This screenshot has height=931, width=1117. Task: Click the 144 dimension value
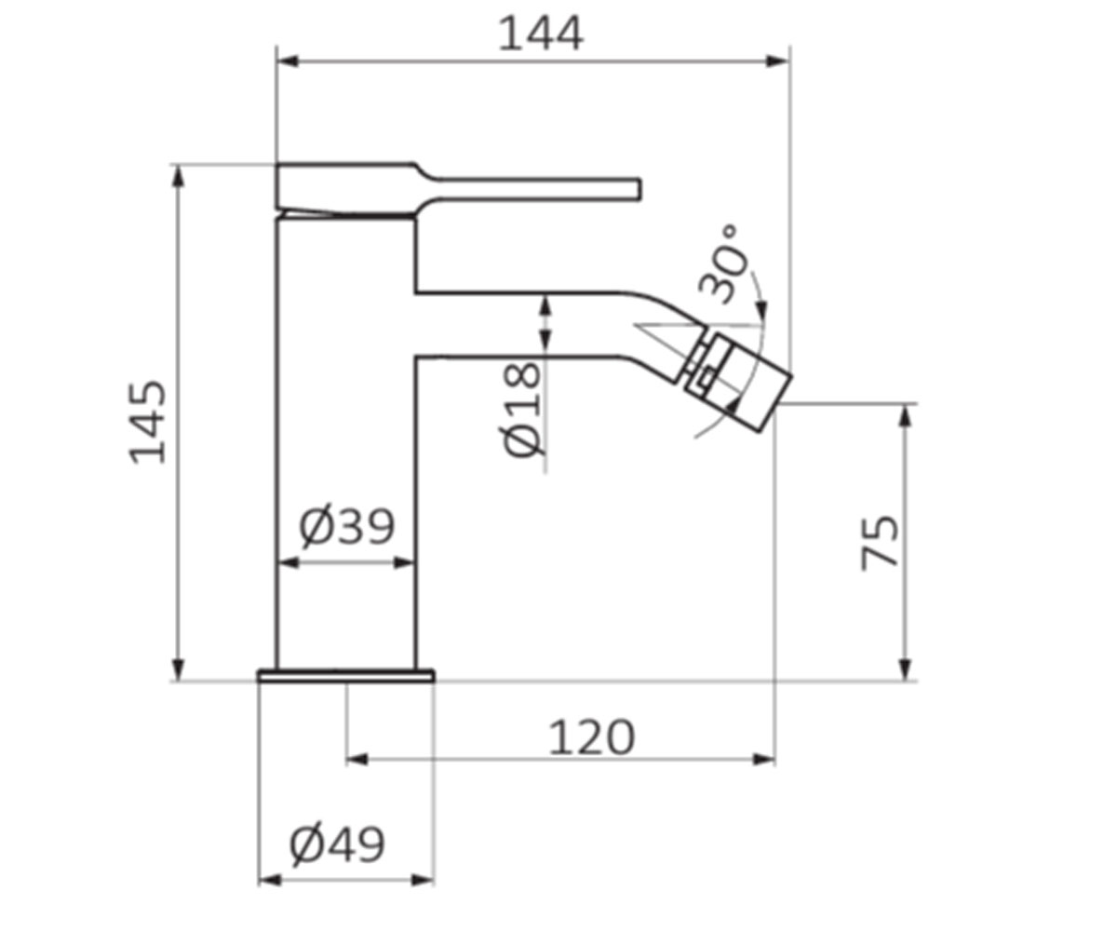pyautogui.click(x=540, y=34)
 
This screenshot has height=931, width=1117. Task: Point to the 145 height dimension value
pyautogui.click(x=147, y=423)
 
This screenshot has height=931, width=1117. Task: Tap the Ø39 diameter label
pyautogui.click(x=346, y=527)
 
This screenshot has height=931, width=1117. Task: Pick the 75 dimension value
pyautogui.click(x=880, y=543)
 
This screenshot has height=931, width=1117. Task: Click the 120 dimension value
pyautogui.click(x=592, y=738)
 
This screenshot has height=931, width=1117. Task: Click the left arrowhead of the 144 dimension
pyautogui.click(x=288, y=61)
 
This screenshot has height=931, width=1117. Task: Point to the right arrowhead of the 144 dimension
pyautogui.click(x=778, y=61)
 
